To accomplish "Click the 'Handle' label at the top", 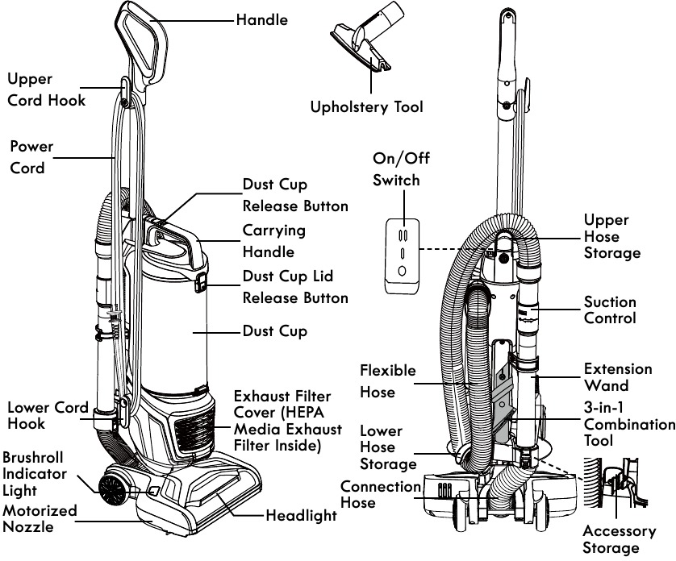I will pos(261,19).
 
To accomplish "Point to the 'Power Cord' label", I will pos(31,158).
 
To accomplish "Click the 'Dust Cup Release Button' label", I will pos(295,196).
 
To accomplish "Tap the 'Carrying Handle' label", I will pos(274,241).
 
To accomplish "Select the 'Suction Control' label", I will pos(610,310).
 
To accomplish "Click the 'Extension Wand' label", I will pos(618,377).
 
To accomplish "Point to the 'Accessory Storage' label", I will pos(620,539).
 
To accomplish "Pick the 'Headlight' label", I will pos(301,516).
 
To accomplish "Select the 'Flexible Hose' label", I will pos(388,380).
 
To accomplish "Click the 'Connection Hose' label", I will pos(380,494).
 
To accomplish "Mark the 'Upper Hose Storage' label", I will pos(611,236).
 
